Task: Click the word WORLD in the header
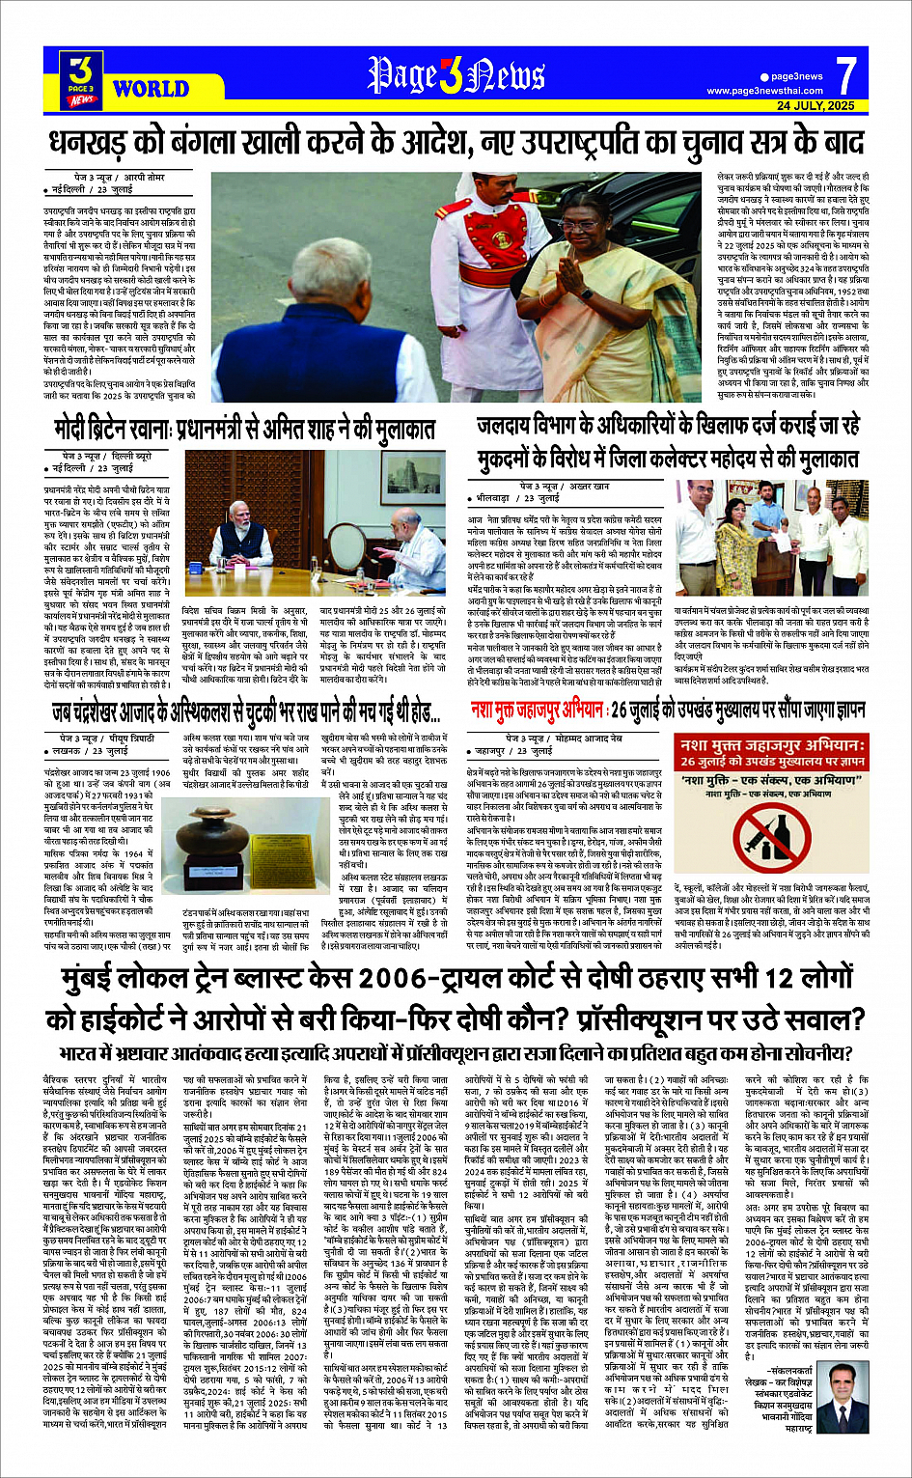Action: [151, 90]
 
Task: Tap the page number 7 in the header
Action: [845, 76]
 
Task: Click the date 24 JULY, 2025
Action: [815, 105]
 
